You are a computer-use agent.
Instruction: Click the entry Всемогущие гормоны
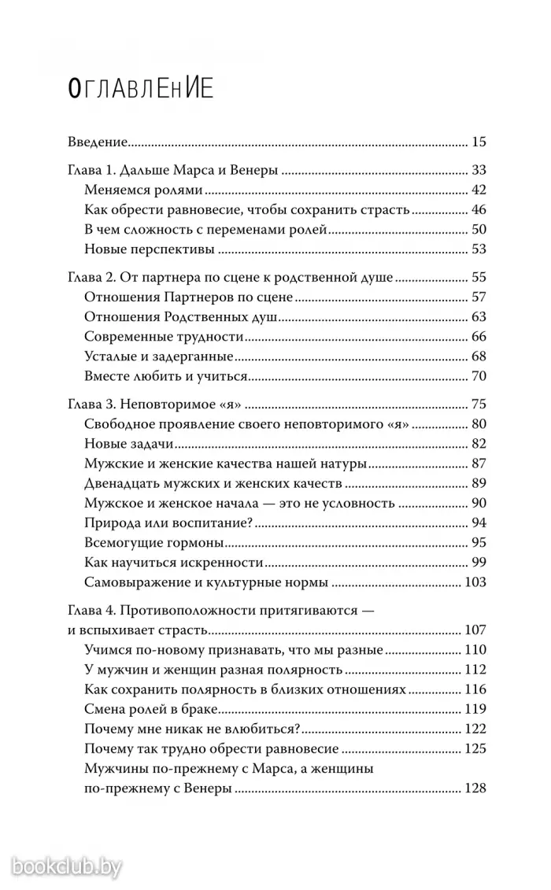point(154,543)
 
